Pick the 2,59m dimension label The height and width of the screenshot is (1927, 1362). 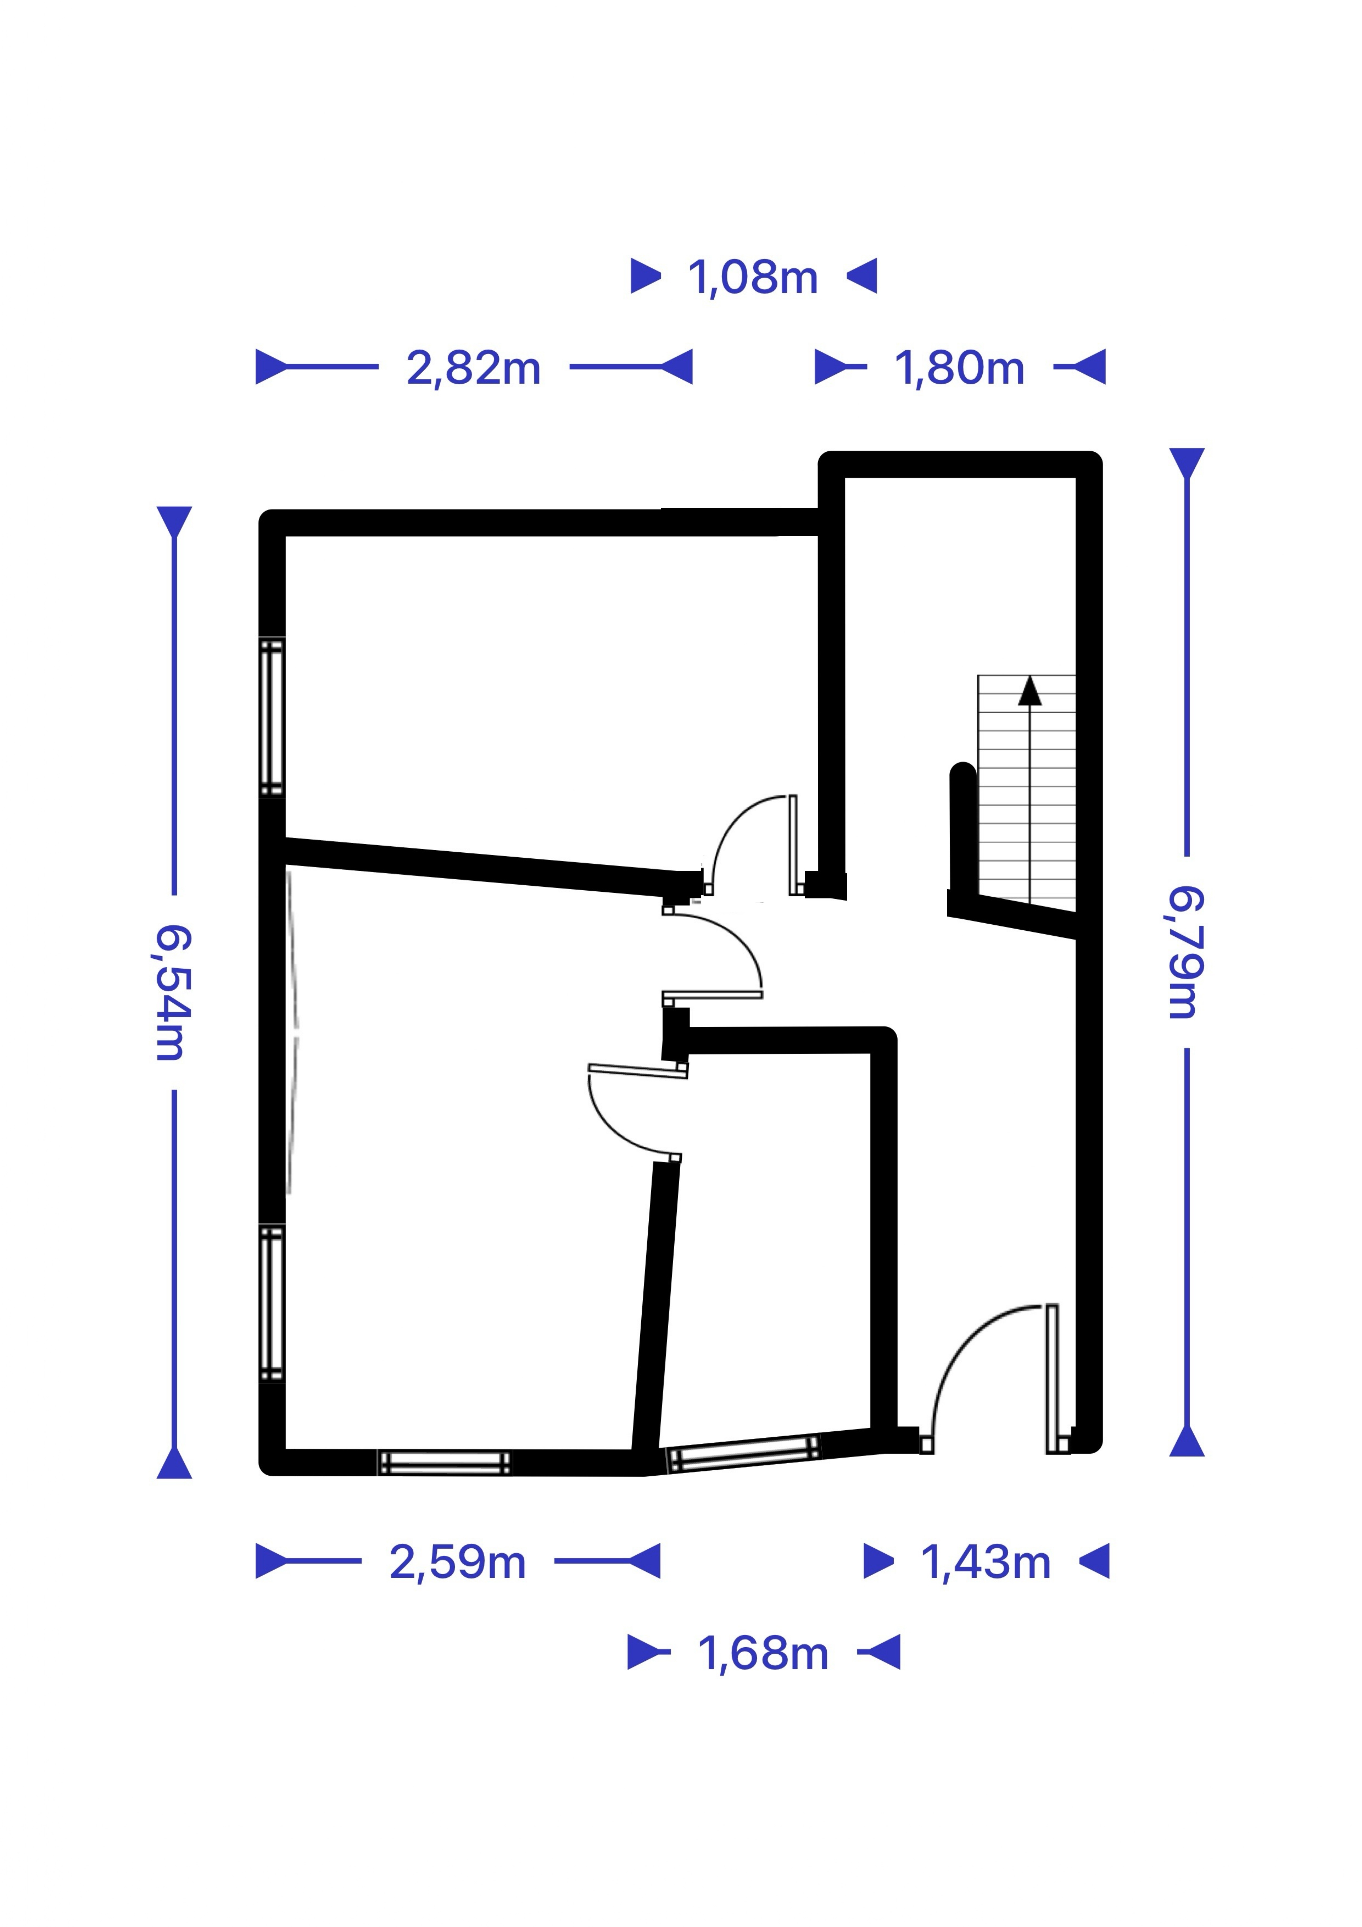click(x=457, y=1563)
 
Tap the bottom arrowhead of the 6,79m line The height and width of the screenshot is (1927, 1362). click(x=1187, y=1440)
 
